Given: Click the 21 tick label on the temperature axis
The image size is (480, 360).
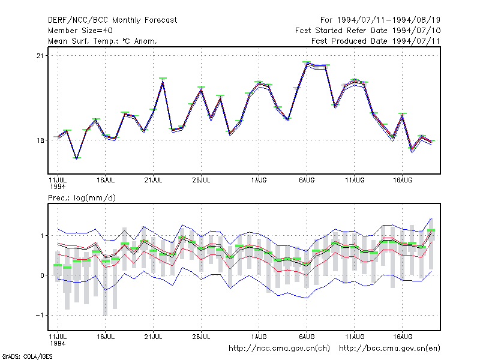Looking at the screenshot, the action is (40, 56).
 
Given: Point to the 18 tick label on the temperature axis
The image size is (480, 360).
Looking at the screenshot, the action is (40, 140).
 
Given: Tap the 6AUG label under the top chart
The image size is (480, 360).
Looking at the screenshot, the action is (307, 180).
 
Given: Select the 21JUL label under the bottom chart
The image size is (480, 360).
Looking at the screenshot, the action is (153, 337).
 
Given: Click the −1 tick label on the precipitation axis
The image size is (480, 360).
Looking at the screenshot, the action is (40, 316).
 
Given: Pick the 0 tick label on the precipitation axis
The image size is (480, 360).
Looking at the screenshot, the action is (42, 275).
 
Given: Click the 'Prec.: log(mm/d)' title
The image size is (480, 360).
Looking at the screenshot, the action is (82, 198).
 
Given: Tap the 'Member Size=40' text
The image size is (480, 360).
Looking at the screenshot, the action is (80, 31).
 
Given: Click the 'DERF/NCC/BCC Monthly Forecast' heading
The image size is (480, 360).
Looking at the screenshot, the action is (112, 20).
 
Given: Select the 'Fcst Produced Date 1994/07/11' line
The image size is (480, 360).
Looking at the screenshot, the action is (376, 41).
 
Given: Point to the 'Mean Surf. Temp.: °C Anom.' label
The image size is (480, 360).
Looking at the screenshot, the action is (102, 41).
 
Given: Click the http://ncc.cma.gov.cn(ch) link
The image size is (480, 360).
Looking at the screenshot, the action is (279, 349).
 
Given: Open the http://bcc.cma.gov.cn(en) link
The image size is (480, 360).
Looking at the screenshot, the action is (389, 349).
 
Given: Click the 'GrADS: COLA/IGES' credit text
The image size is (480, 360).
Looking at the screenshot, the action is (27, 356).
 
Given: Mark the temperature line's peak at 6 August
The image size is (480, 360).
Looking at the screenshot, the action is (307, 64).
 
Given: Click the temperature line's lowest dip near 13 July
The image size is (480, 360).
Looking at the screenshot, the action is (77, 158).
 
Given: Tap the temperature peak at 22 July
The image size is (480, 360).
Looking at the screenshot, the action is (163, 80).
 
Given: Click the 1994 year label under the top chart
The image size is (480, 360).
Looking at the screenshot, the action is (58, 187).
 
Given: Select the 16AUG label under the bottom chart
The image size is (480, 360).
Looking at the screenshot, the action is (402, 337).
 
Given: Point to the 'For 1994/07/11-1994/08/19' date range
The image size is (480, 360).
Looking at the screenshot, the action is (380, 20).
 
